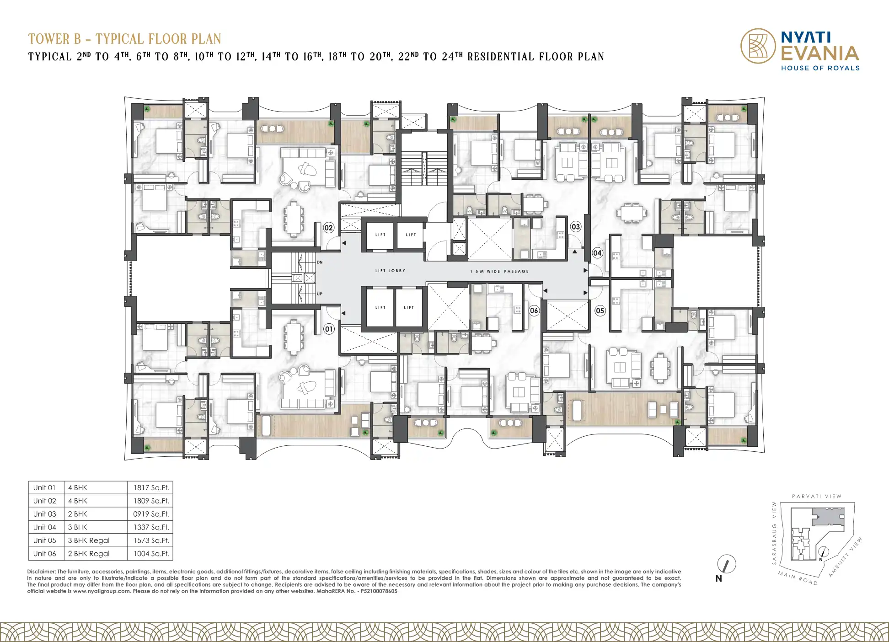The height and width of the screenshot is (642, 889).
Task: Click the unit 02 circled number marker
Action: click(x=329, y=228)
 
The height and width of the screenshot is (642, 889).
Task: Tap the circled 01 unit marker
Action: click(x=329, y=329)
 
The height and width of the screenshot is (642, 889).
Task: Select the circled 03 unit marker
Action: click(x=576, y=226)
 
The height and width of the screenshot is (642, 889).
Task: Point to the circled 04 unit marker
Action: click(x=597, y=253)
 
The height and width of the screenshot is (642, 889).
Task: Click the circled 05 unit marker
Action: click(x=600, y=311)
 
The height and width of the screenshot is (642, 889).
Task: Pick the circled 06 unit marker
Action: click(x=534, y=310)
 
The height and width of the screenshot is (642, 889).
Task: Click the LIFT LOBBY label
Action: click(x=390, y=271)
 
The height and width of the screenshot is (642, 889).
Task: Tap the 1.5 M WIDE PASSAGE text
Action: click(x=499, y=271)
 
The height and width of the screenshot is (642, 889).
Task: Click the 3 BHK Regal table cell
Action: click(x=89, y=540)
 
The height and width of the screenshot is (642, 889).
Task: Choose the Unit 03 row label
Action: click(x=44, y=514)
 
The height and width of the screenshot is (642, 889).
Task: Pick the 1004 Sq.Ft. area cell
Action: click(x=151, y=554)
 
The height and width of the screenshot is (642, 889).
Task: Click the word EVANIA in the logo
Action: click(x=820, y=53)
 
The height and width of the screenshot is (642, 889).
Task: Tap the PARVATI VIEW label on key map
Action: click(x=817, y=496)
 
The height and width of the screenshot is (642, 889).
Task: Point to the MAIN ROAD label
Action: click(x=798, y=578)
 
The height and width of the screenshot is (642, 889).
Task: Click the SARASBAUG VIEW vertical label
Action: click(x=774, y=533)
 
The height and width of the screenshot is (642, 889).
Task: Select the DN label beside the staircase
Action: click(x=320, y=262)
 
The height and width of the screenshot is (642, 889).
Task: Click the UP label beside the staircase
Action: click(x=319, y=294)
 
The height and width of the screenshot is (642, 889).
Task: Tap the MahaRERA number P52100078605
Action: click(x=379, y=591)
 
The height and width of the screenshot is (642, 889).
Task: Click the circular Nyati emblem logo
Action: click(x=758, y=46)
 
